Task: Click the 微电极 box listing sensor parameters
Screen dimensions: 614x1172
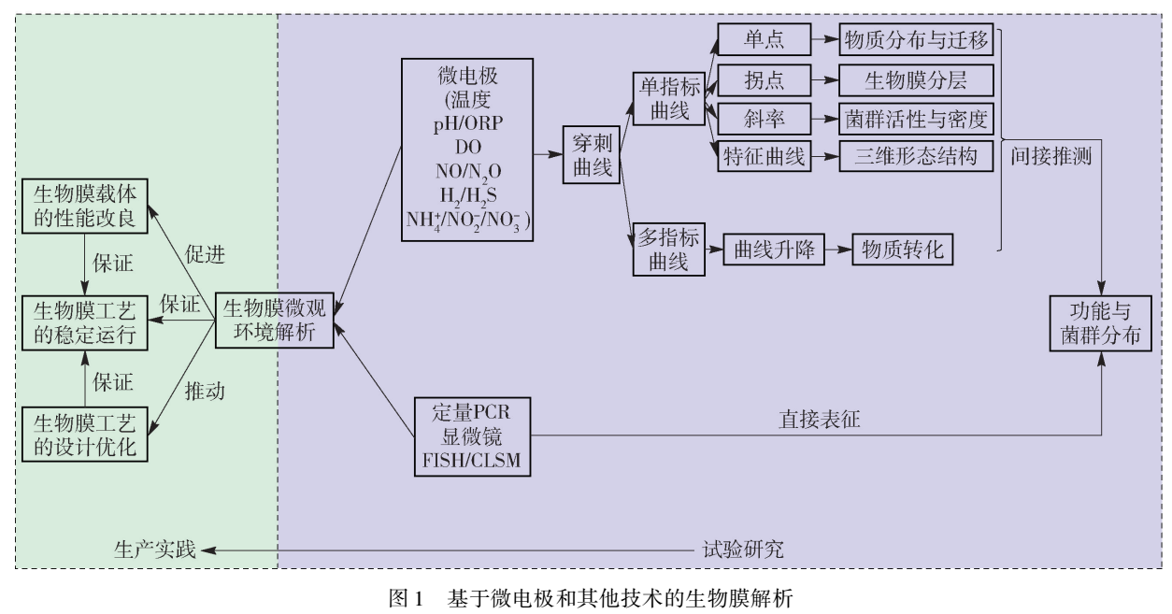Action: click(466, 150)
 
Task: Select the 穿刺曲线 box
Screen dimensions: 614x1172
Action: click(592, 154)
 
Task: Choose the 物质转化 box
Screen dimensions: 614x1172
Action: click(902, 250)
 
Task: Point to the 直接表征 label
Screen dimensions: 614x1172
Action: click(820, 420)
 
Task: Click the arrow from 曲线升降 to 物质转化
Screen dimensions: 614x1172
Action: click(837, 250)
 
